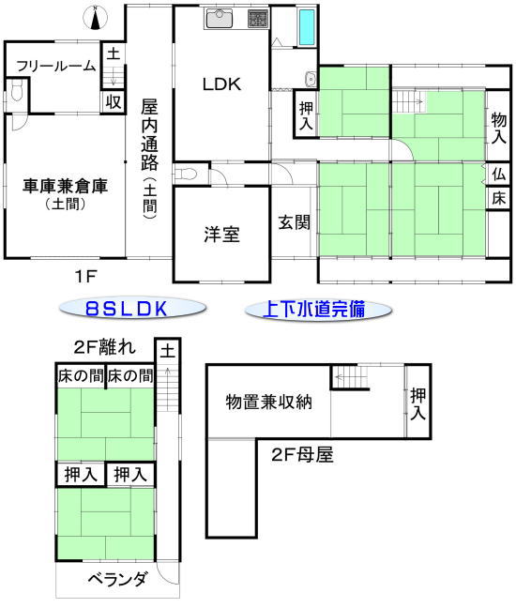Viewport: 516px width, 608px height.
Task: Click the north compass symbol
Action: pos(95,19)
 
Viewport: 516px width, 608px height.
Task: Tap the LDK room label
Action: pos(221,84)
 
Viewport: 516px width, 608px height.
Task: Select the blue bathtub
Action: pos(307,27)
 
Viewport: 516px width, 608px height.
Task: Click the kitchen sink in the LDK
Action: pos(219,19)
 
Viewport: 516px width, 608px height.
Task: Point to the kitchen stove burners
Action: pos(258,19)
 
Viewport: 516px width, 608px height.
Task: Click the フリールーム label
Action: pos(56,66)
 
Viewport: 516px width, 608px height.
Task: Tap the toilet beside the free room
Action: pos(16,92)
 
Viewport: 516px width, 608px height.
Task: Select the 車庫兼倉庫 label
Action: pos(65,187)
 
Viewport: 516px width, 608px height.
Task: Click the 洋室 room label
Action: pos(221,235)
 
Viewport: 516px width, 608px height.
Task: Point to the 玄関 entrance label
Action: pos(295,222)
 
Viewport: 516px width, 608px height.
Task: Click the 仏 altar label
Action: pos(499,175)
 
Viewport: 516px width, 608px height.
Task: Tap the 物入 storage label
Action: pos(498,128)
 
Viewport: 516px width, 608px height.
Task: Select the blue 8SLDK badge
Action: pos(132,309)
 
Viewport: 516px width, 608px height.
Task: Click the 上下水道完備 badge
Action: pos(318,310)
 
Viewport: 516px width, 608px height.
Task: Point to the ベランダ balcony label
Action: pos(117,580)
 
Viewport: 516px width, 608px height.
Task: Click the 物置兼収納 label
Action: pos(268,403)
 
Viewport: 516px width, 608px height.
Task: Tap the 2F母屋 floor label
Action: pos(302,454)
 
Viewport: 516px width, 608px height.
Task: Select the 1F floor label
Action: pos(85,276)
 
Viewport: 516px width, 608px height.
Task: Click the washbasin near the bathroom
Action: pos(311,80)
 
